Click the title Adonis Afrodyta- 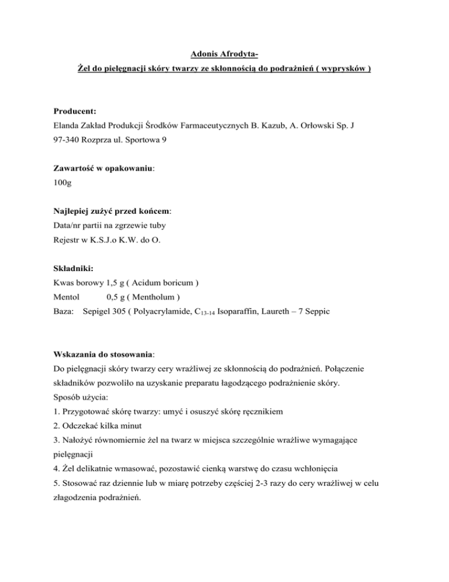(x=225, y=56)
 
